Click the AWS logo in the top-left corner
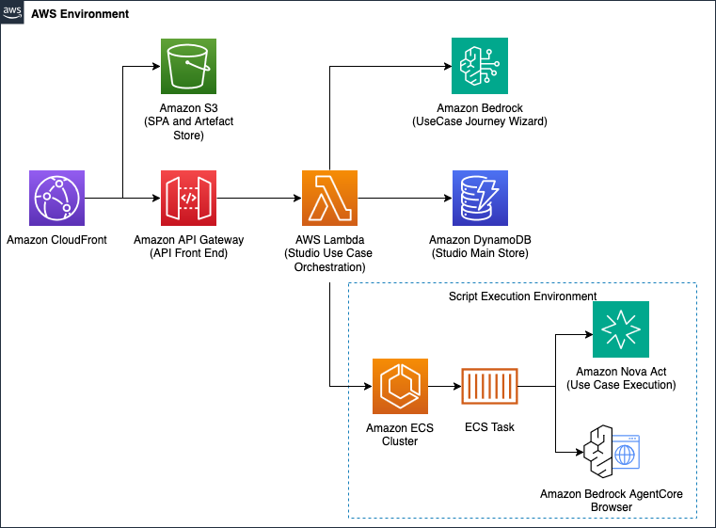click(12, 13)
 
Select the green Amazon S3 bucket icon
click(188, 66)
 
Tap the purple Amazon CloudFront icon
click(57, 199)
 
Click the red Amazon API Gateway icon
click(188, 199)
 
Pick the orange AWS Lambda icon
click(329, 199)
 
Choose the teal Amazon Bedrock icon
click(479, 66)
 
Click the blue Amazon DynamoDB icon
click(479, 199)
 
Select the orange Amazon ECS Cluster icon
click(400, 386)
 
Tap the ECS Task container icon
click(488, 386)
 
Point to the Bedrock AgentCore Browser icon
click(611, 454)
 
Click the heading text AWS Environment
click(80, 16)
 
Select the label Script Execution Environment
click(522, 296)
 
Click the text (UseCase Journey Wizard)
click(480, 122)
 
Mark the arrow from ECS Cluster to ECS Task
click(442, 386)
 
